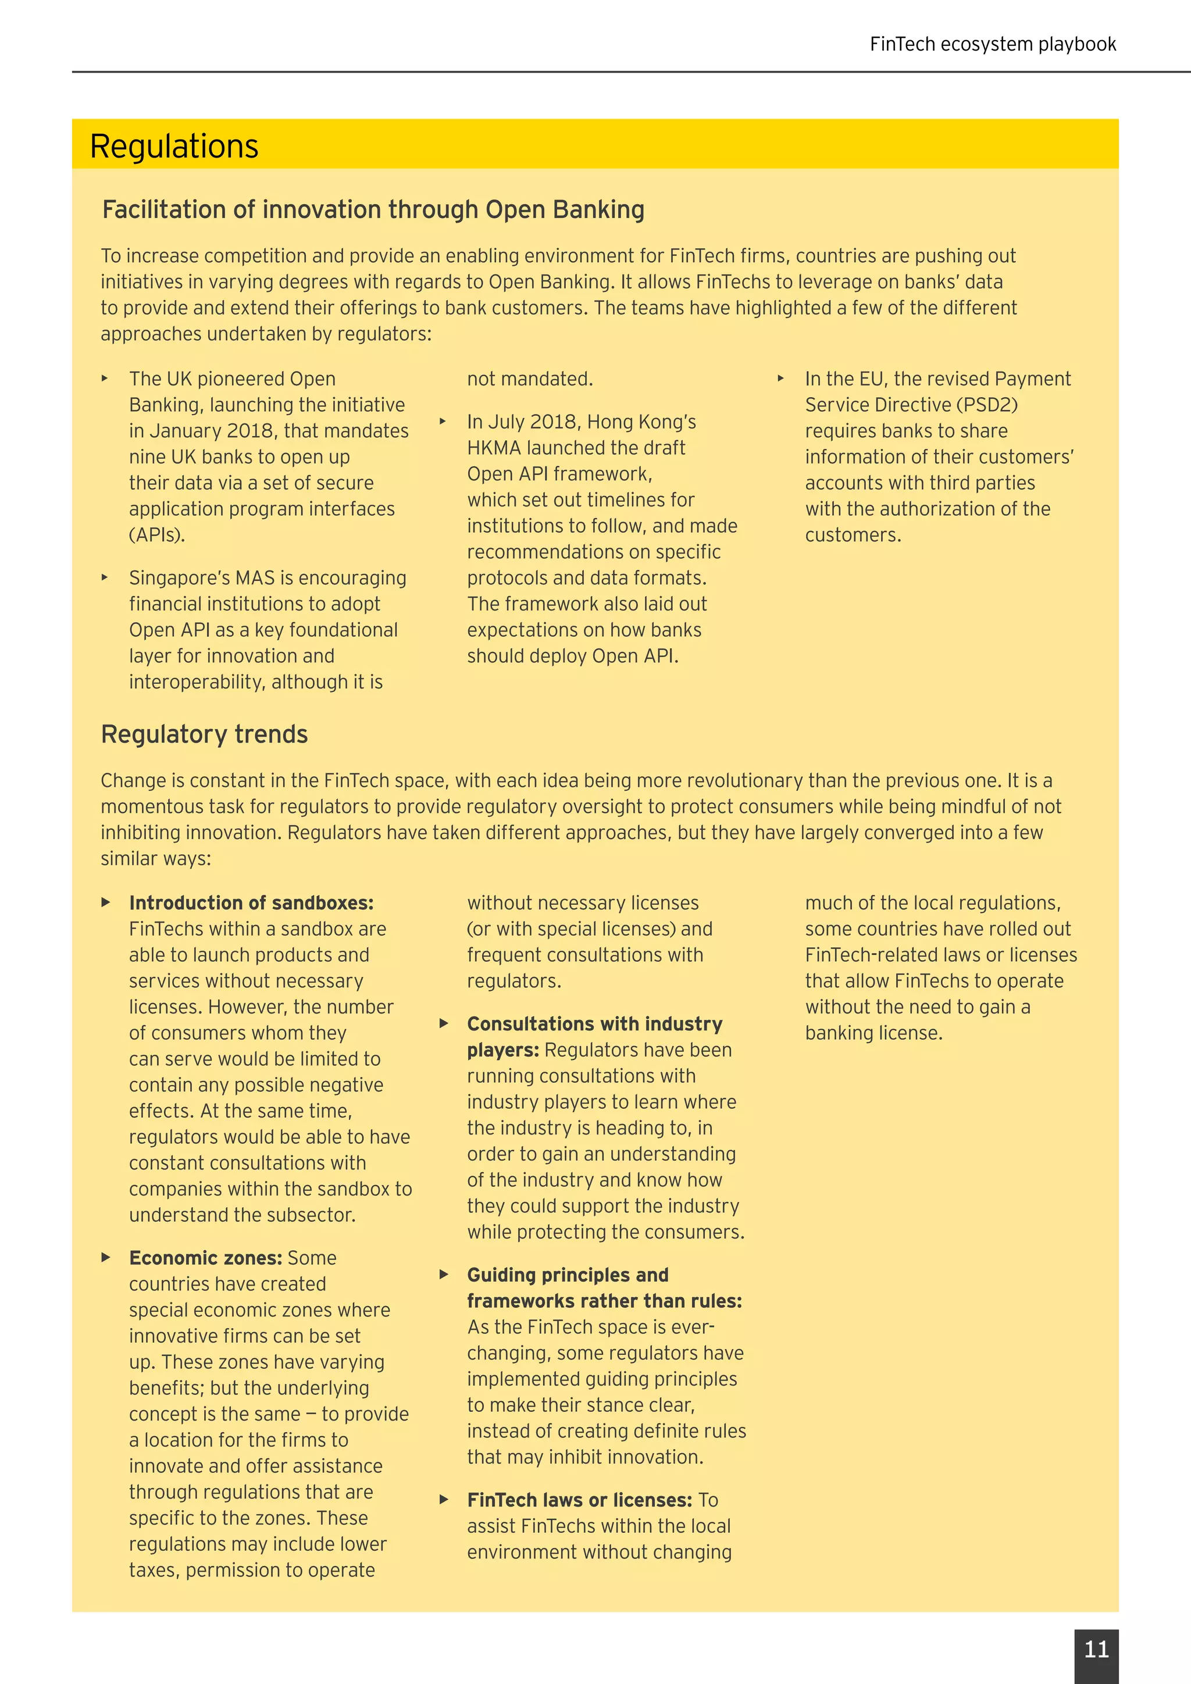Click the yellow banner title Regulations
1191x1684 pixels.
point(174,146)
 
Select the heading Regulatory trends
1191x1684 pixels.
point(204,734)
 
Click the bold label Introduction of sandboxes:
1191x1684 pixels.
point(251,903)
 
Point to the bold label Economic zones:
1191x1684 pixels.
point(205,1258)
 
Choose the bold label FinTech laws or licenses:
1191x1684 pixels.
point(579,1500)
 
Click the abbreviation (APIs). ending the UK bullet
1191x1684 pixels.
point(157,535)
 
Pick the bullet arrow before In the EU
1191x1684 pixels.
point(780,379)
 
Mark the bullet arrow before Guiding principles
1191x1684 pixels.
point(443,1275)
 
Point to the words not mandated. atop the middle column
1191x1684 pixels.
point(530,379)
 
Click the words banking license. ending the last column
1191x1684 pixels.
point(873,1033)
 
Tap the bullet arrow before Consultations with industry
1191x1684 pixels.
point(443,1023)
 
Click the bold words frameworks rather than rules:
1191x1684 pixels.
point(604,1301)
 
